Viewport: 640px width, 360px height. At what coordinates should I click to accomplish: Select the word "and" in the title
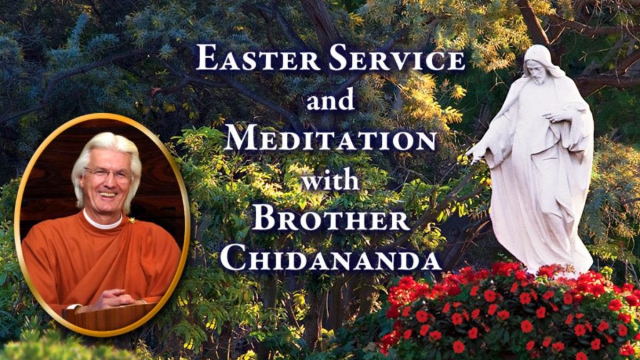point(329,99)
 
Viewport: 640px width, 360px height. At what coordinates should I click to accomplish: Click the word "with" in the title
point(329,179)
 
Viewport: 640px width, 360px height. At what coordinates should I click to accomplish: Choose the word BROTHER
point(331,220)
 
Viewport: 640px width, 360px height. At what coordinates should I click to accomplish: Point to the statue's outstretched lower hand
point(477,154)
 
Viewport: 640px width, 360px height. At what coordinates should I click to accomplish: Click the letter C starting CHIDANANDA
point(232,258)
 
